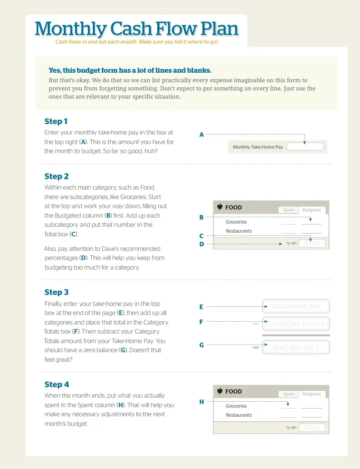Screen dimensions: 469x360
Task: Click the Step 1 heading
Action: [56, 121]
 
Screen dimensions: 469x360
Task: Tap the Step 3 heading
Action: [56, 292]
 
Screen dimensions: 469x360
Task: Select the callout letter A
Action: [201, 135]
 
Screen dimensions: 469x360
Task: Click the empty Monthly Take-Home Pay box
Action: [305, 147]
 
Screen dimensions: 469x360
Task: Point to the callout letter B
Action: [201, 217]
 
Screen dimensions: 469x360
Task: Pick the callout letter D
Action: [201, 244]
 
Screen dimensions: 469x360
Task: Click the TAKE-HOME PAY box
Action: [296, 307]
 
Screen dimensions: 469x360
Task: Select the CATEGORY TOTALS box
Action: [296, 324]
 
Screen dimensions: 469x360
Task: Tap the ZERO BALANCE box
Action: [296, 348]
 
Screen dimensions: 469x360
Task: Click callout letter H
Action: [201, 402]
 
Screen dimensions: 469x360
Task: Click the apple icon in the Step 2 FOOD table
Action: [220, 207]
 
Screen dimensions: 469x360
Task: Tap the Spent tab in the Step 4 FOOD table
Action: [289, 394]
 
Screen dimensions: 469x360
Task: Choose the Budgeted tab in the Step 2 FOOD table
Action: [311, 210]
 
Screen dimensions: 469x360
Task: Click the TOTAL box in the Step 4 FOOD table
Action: [312, 428]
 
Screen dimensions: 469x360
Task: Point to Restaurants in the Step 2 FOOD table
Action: [239, 231]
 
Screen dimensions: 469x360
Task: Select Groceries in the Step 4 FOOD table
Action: [236, 406]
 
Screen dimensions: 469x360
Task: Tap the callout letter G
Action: [201, 345]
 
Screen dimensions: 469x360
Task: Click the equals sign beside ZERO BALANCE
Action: [256, 348]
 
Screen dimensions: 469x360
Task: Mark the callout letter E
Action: [201, 307]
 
